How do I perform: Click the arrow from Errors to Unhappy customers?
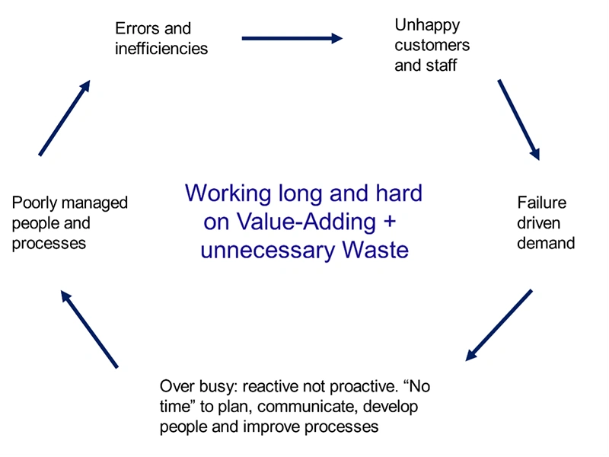pos(292,38)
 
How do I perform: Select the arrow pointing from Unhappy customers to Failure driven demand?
pos(519,120)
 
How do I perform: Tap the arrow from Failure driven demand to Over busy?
pos(499,325)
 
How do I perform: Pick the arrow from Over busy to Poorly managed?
pos(89,329)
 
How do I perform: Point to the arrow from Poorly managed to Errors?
pos(65,118)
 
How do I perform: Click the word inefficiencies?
pos(161,49)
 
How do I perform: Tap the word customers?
pos(432,45)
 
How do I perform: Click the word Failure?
pos(542,203)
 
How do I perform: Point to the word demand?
pos(546,243)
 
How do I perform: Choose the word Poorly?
pos(34,203)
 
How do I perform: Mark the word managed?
pos(94,203)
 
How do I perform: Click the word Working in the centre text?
pos(228,193)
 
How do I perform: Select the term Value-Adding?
pos(306,222)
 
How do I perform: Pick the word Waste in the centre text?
pos(375,250)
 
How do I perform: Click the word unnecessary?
pos(268,251)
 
